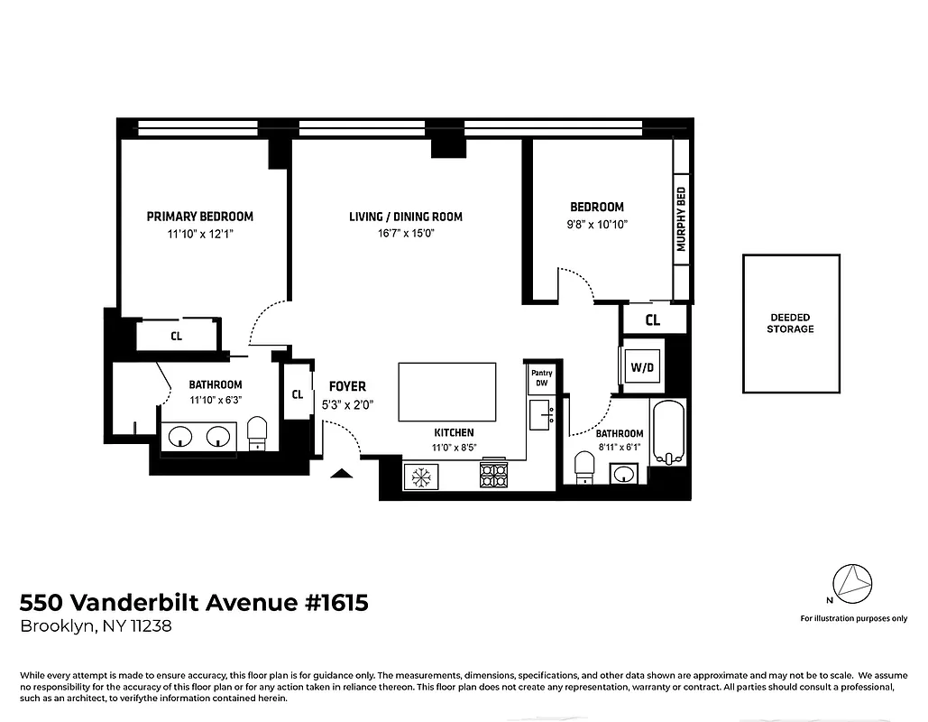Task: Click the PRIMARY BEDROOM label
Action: (x=199, y=217)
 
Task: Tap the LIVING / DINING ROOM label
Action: (x=406, y=217)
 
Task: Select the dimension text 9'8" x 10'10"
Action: (x=596, y=225)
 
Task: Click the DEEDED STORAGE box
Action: (x=791, y=323)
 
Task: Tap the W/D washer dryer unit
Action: (x=642, y=367)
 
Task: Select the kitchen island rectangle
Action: (x=447, y=392)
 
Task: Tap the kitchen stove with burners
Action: (x=494, y=474)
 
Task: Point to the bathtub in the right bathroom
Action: (x=668, y=433)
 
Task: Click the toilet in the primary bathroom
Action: (x=257, y=432)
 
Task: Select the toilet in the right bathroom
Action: (x=584, y=467)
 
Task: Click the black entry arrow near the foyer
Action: (x=341, y=472)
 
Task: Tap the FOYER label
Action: (x=347, y=386)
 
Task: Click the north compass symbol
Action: (x=851, y=584)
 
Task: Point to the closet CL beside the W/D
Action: (x=652, y=320)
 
